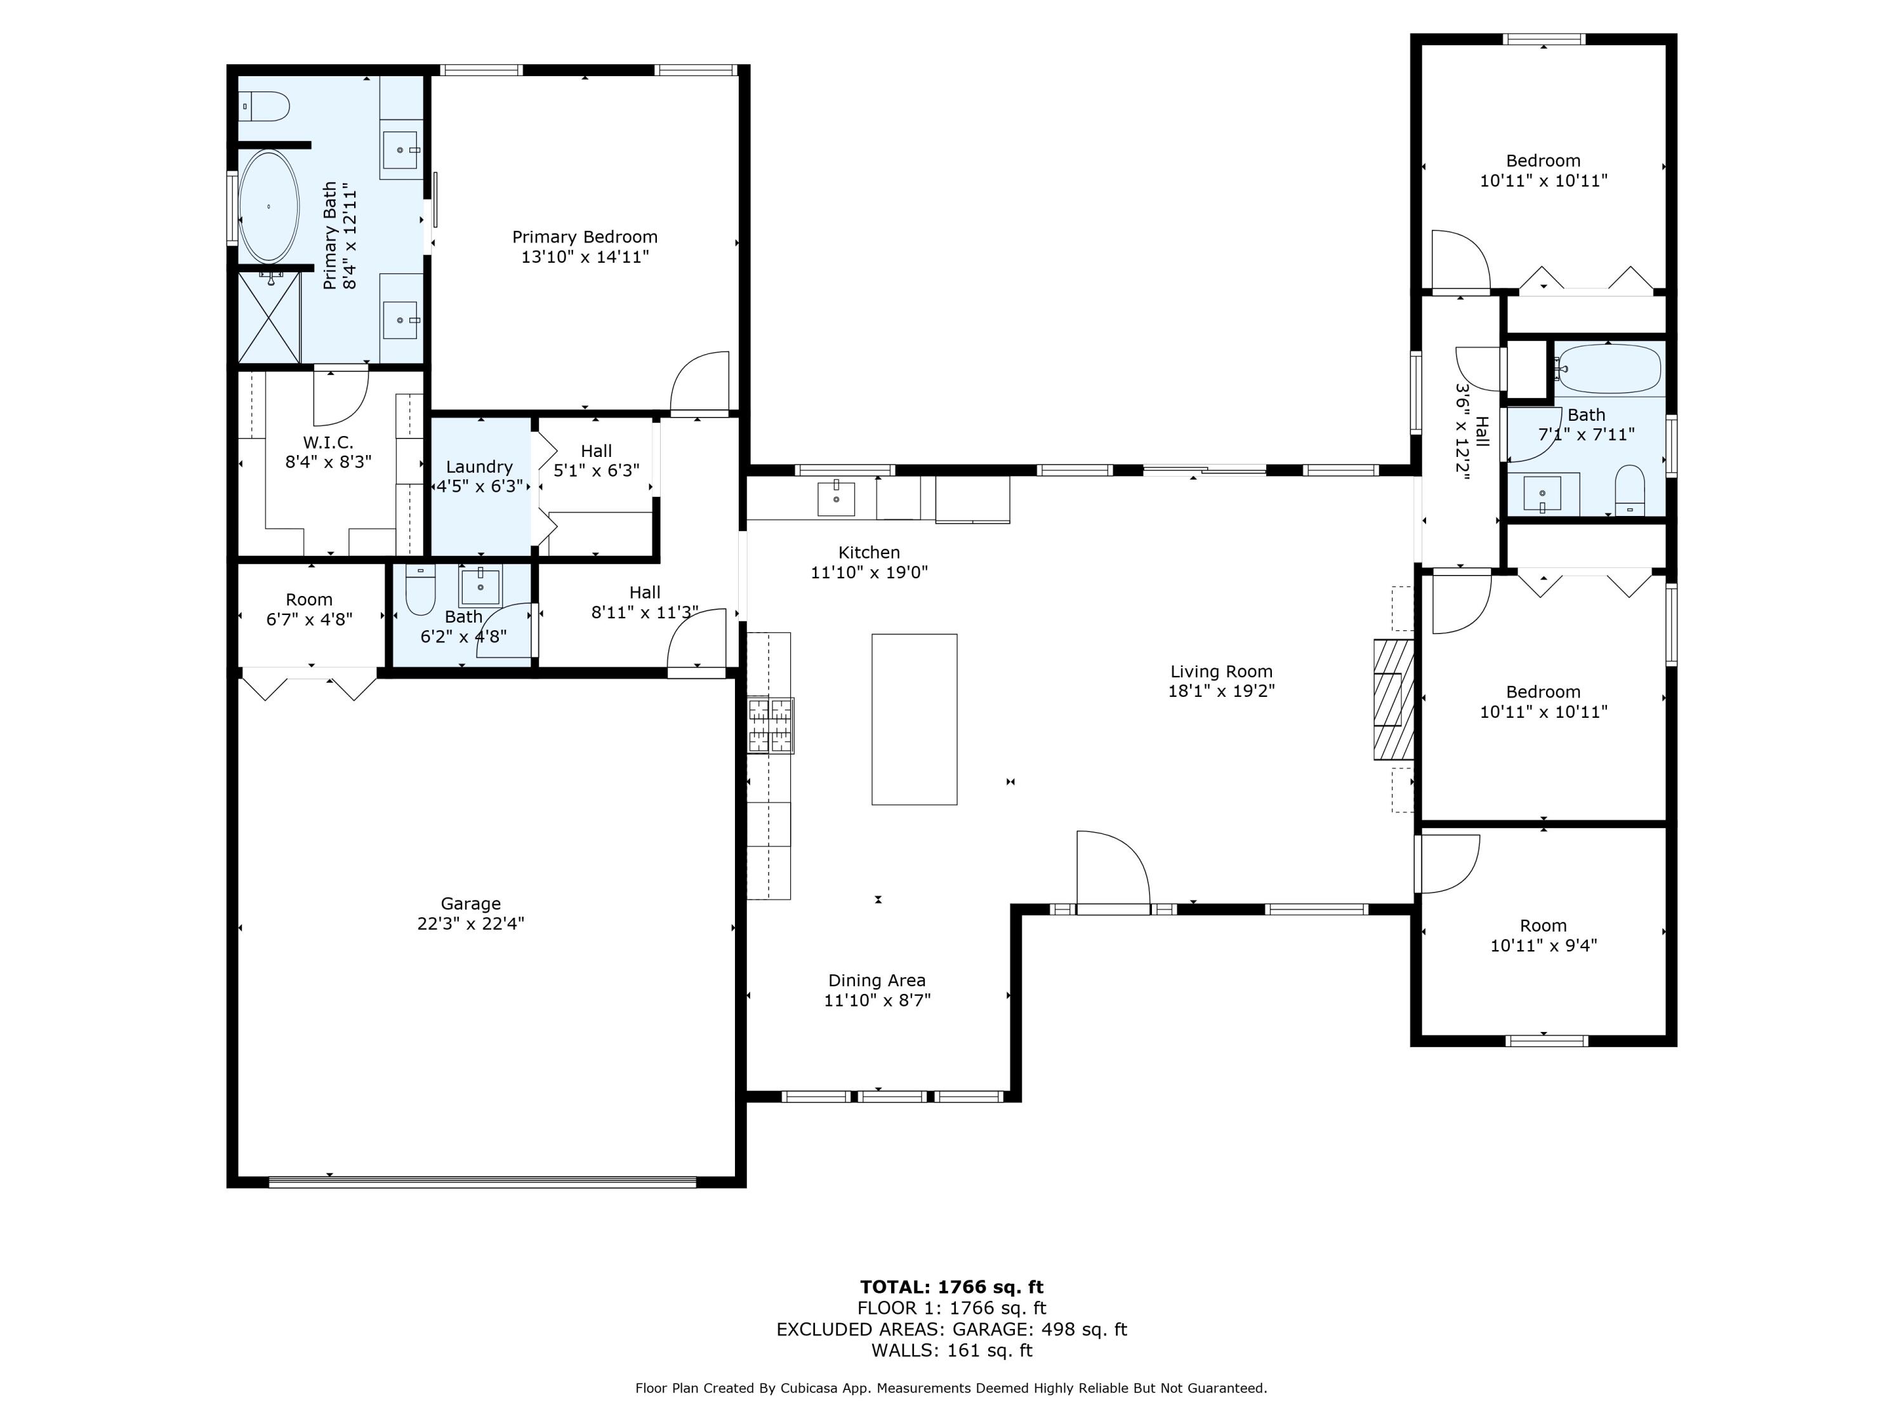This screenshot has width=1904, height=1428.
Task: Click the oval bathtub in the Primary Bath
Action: [268, 206]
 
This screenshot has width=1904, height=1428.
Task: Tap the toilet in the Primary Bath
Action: [263, 107]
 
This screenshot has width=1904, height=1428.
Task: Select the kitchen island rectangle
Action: [914, 720]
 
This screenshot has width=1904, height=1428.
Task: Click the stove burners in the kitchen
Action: [770, 725]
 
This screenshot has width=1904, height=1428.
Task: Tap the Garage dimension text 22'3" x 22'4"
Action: [471, 923]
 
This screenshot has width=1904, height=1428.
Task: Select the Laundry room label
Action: [479, 466]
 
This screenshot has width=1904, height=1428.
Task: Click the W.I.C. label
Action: [328, 442]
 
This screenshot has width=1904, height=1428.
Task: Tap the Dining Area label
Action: [877, 981]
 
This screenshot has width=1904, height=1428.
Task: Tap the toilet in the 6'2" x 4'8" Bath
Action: [421, 590]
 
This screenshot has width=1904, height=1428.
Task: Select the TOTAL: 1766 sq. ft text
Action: [952, 1287]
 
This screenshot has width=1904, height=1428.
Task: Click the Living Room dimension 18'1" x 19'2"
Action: [1222, 691]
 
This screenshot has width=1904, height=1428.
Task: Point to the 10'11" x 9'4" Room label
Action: [1544, 935]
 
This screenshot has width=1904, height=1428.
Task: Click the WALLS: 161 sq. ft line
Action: [952, 1351]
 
